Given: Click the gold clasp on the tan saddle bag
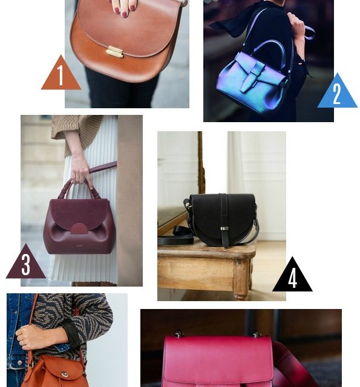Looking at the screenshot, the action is point(114,52).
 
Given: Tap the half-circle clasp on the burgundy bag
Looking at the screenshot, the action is point(79,229).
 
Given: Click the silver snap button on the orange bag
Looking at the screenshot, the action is point(65,374).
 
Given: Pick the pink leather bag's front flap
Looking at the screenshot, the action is point(218,360).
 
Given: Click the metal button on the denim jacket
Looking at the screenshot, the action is point(19,363).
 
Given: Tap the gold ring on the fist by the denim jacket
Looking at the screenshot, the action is point(20,333).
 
